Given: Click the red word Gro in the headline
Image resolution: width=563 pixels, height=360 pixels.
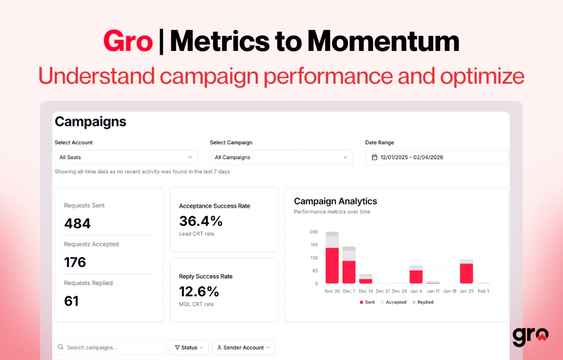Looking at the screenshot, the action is pyautogui.click(x=128, y=42).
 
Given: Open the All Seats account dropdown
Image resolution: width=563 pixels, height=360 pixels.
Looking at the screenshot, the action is pyautogui.click(x=126, y=157).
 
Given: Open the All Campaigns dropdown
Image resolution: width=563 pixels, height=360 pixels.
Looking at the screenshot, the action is pyautogui.click(x=281, y=157).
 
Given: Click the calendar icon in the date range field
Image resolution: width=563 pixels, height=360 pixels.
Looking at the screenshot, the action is pyautogui.click(x=375, y=157).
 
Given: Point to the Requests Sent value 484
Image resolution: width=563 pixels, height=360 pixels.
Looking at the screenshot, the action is pyautogui.click(x=77, y=223).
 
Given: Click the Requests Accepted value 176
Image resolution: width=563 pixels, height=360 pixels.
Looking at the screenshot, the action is pyautogui.click(x=75, y=262).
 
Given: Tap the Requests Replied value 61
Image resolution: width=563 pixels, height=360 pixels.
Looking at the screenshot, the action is pyautogui.click(x=71, y=301).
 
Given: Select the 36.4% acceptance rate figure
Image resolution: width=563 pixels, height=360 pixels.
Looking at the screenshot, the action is pyautogui.click(x=201, y=221).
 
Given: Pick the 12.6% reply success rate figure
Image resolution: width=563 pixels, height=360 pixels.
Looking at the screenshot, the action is pyautogui.click(x=199, y=291).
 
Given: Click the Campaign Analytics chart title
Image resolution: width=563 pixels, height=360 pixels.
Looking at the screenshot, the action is pyautogui.click(x=335, y=201).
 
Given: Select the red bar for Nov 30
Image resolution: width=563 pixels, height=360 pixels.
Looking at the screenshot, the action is pyautogui.click(x=332, y=265).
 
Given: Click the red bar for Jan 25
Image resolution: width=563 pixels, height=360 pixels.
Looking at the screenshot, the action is pyautogui.click(x=467, y=273).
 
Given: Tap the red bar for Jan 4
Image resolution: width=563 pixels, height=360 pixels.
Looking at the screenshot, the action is pyautogui.click(x=416, y=277).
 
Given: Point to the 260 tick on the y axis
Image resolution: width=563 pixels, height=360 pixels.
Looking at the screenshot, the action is pyautogui.click(x=314, y=232).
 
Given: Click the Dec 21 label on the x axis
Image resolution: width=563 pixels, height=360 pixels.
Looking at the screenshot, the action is pyautogui.click(x=383, y=291).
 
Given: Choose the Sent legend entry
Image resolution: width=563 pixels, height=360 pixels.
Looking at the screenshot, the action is pyautogui.click(x=367, y=302).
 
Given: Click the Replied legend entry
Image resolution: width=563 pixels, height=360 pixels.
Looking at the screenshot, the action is pyautogui.click(x=423, y=302).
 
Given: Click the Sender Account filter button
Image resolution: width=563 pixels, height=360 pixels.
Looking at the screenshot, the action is pyautogui.click(x=243, y=347).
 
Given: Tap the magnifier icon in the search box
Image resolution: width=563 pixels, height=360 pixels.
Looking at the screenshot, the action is pyautogui.click(x=61, y=347).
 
